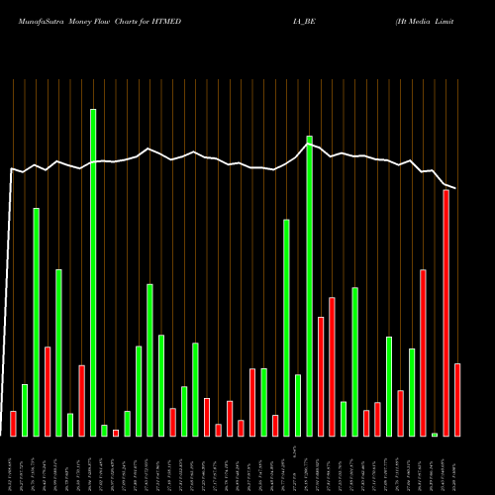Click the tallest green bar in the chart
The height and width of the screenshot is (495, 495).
(x=93, y=272)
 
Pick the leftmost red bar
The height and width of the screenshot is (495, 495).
(x=13, y=423)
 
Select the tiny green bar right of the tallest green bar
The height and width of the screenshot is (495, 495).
(x=104, y=430)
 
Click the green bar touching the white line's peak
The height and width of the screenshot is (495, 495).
(x=309, y=285)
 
